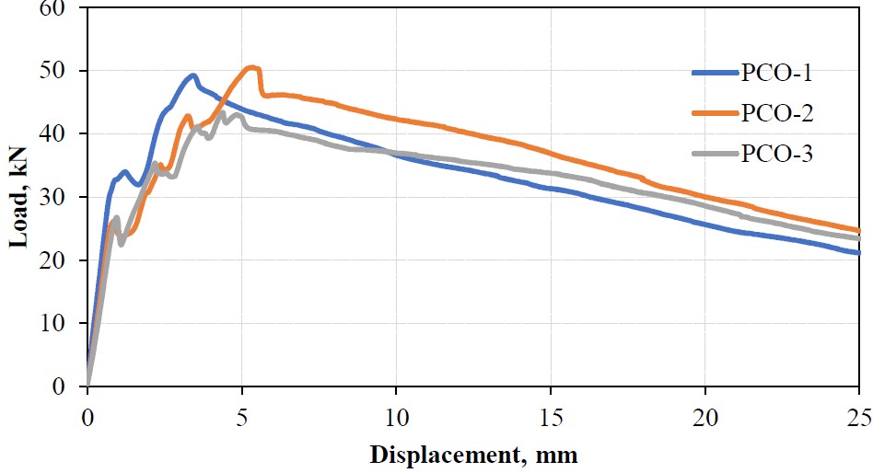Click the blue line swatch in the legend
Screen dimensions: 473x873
tap(715, 73)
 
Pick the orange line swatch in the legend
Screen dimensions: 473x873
tap(715, 113)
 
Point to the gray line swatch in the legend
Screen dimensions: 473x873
tap(715, 154)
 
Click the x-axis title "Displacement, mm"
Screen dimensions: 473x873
tap(474, 454)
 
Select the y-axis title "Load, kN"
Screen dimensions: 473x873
tap(17, 198)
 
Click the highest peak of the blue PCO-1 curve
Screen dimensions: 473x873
tap(193, 75)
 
